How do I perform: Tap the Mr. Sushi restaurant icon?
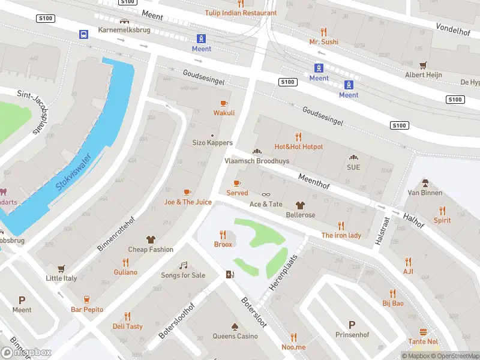tap(323, 31)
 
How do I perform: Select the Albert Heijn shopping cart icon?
tap(423, 65)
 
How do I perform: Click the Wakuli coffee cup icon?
tap(224, 103)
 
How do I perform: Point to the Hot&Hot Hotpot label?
tap(298, 146)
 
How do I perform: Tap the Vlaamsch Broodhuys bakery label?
tap(256, 161)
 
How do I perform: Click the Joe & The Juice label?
tap(188, 202)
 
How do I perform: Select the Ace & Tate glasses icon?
tap(266, 194)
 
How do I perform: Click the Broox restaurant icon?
tap(223, 235)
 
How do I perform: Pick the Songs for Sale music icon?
tap(183, 265)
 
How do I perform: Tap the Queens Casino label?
tap(235, 336)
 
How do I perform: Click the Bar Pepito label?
tap(87, 310)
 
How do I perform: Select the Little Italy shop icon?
tap(61, 269)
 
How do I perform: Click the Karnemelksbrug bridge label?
tap(124, 30)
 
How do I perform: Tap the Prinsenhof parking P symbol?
tap(352, 325)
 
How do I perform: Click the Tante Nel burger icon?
tap(423, 332)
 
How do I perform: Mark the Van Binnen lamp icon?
tap(425, 183)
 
